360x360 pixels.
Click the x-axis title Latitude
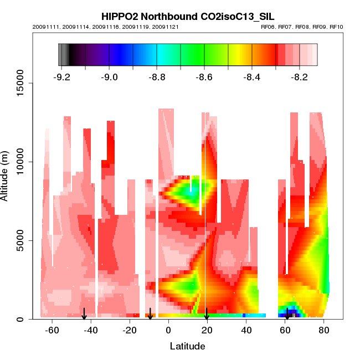[x=187, y=346]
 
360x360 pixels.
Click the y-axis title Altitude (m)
[x=6, y=175]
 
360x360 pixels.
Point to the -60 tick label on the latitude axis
[x=52, y=331]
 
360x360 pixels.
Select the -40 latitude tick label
[x=91, y=331]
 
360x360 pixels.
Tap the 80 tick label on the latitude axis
[x=325, y=331]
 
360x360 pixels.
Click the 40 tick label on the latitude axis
[x=246, y=331]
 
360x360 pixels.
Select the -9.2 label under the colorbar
[x=62, y=77]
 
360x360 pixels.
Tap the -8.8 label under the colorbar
[x=157, y=77]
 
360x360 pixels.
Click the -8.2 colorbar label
[x=300, y=77]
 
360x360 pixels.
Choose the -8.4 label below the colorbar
[x=252, y=77]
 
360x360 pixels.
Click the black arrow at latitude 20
[x=207, y=314]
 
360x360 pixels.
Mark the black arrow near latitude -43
[x=84, y=314]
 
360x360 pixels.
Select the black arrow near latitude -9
[x=150, y=314]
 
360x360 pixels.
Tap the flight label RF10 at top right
[x=336, y=27]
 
